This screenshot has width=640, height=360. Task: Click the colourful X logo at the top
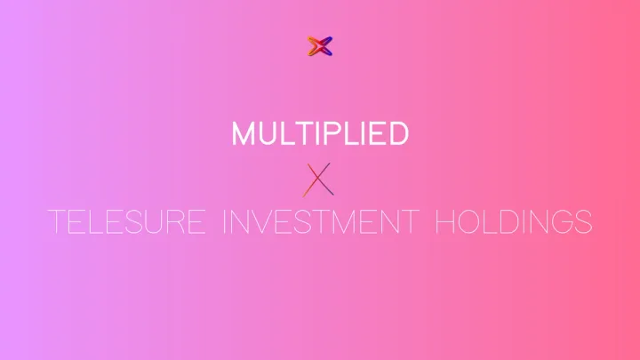pos(319,46)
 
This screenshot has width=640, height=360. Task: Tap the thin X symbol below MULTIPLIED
pos(319,179)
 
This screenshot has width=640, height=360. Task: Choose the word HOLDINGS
pos(514,222)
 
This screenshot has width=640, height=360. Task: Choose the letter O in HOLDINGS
pos(468,222)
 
